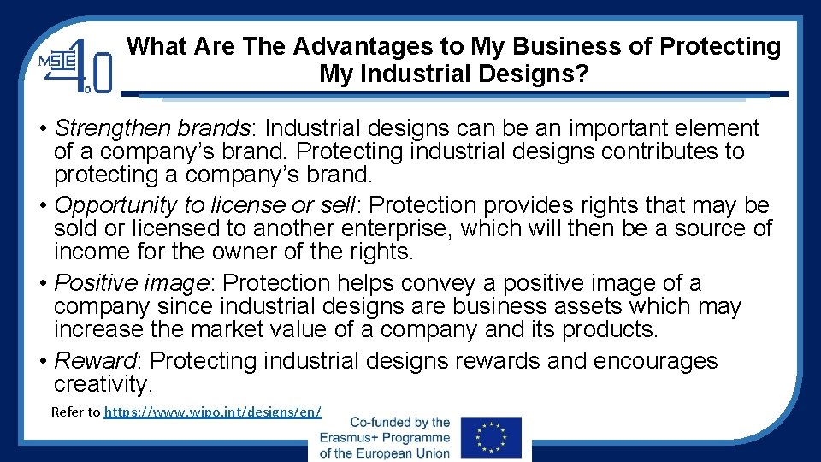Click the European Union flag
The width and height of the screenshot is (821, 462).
tap(490, 437)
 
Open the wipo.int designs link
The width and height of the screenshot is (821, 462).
tap(213, 412)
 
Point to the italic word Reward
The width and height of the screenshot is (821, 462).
tap(97, 361)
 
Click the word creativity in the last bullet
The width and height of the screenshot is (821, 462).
tap(101, 384)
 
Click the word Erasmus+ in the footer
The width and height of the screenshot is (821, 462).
tap(353, 438)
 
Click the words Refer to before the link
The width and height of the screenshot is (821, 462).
tap(75, 412)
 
